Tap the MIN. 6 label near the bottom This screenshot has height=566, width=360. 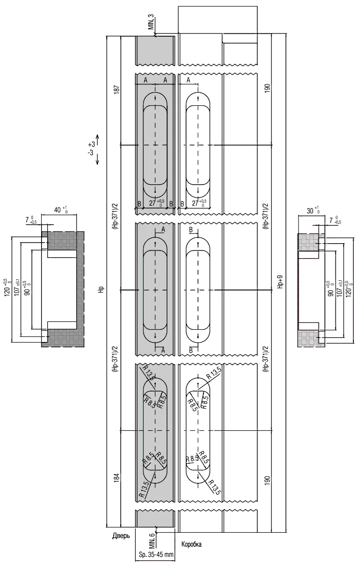[x=151, y=541]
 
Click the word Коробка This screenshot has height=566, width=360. [x=192, y=545]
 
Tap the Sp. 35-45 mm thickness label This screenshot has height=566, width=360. [x=156, y=554]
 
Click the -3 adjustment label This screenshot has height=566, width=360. [x=91, y=153]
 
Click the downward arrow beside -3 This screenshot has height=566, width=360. [x=98, y=158]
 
